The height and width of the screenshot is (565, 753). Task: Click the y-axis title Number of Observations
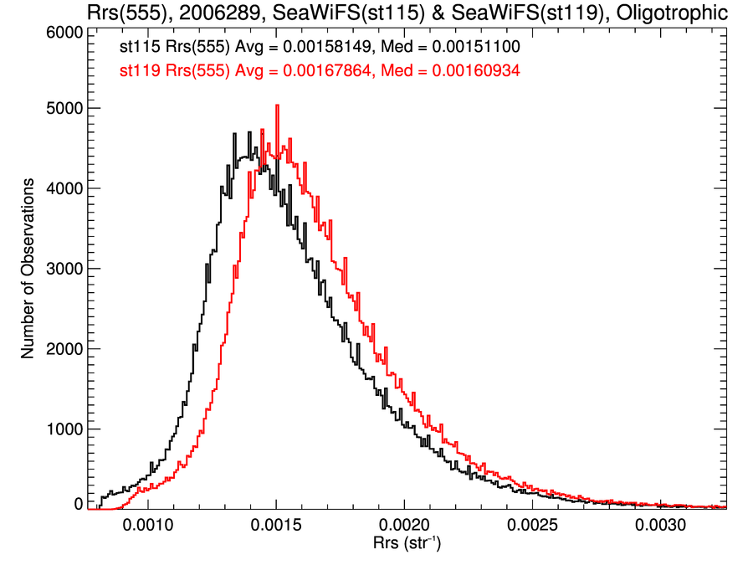pyautogui.click(x=28, y=269)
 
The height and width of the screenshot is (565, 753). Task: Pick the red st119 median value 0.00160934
pyautogui.click(x=476, y=71)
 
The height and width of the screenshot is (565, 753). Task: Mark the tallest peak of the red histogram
pyautogui.click(x=276, y=106)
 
